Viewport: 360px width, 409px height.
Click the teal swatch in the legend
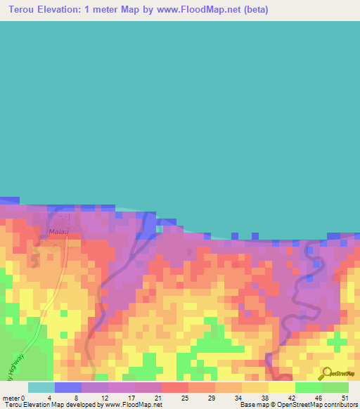point(41,387)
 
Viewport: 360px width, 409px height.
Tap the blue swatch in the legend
point(67,387)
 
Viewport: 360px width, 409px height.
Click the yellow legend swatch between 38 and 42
point(281,387)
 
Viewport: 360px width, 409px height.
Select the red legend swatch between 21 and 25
point(174,387)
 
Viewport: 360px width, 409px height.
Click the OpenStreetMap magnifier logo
point(326,374)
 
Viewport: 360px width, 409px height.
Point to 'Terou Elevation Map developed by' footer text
point(49,405)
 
